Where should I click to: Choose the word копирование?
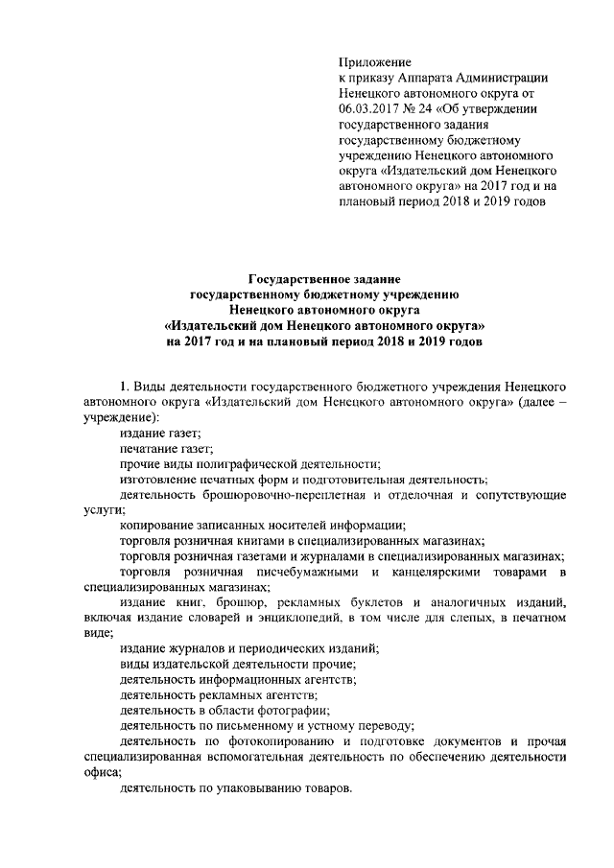click(155, 527)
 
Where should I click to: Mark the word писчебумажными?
click(292, 573)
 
